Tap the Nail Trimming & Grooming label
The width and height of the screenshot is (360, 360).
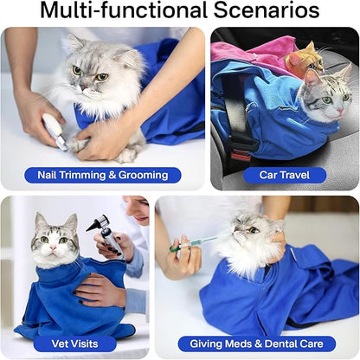pyautogui.click(x=103, y=175)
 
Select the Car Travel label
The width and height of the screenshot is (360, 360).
pyautogui.click(x=286, y=175)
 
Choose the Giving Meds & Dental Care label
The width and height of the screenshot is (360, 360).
pyautogui.click(x=257, y=344)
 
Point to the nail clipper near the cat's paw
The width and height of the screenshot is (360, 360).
pyautogui.click(x=55, y=131)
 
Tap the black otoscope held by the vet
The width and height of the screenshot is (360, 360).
pyautogui.click(x=101, y=232)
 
